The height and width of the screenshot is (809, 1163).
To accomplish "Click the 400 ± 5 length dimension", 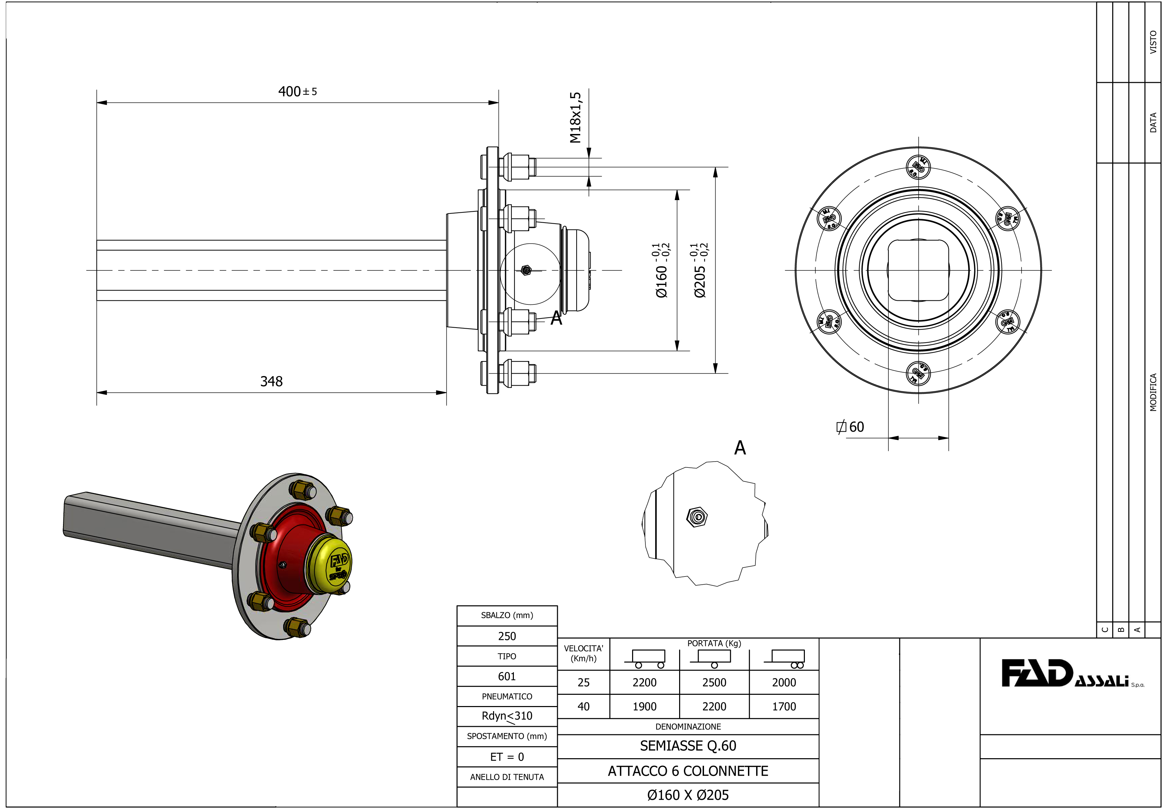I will coord(297,92).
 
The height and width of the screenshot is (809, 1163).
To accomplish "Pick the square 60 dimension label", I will coord(851,427).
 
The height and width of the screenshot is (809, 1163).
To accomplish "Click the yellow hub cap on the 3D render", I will coord(330,565).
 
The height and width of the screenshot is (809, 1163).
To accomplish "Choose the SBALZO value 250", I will coord(507,636).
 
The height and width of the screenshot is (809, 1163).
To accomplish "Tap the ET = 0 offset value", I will coord(507,757).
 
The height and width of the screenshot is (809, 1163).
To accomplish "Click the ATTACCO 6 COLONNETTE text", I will coord(688,771).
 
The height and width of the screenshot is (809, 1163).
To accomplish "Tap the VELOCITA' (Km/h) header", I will coord(583,654).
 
